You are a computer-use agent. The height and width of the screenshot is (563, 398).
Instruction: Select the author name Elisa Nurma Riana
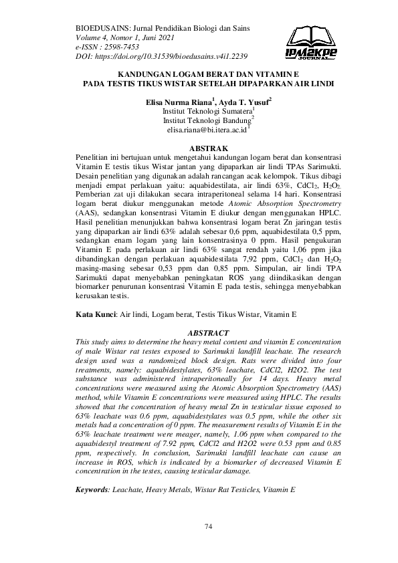click(169, 102)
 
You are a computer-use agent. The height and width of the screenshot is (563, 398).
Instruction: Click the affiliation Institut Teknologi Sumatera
click(207, 111)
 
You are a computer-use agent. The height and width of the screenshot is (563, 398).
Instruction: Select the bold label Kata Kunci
click(96, 314)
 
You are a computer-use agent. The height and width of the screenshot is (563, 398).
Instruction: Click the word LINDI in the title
click(321, 84)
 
